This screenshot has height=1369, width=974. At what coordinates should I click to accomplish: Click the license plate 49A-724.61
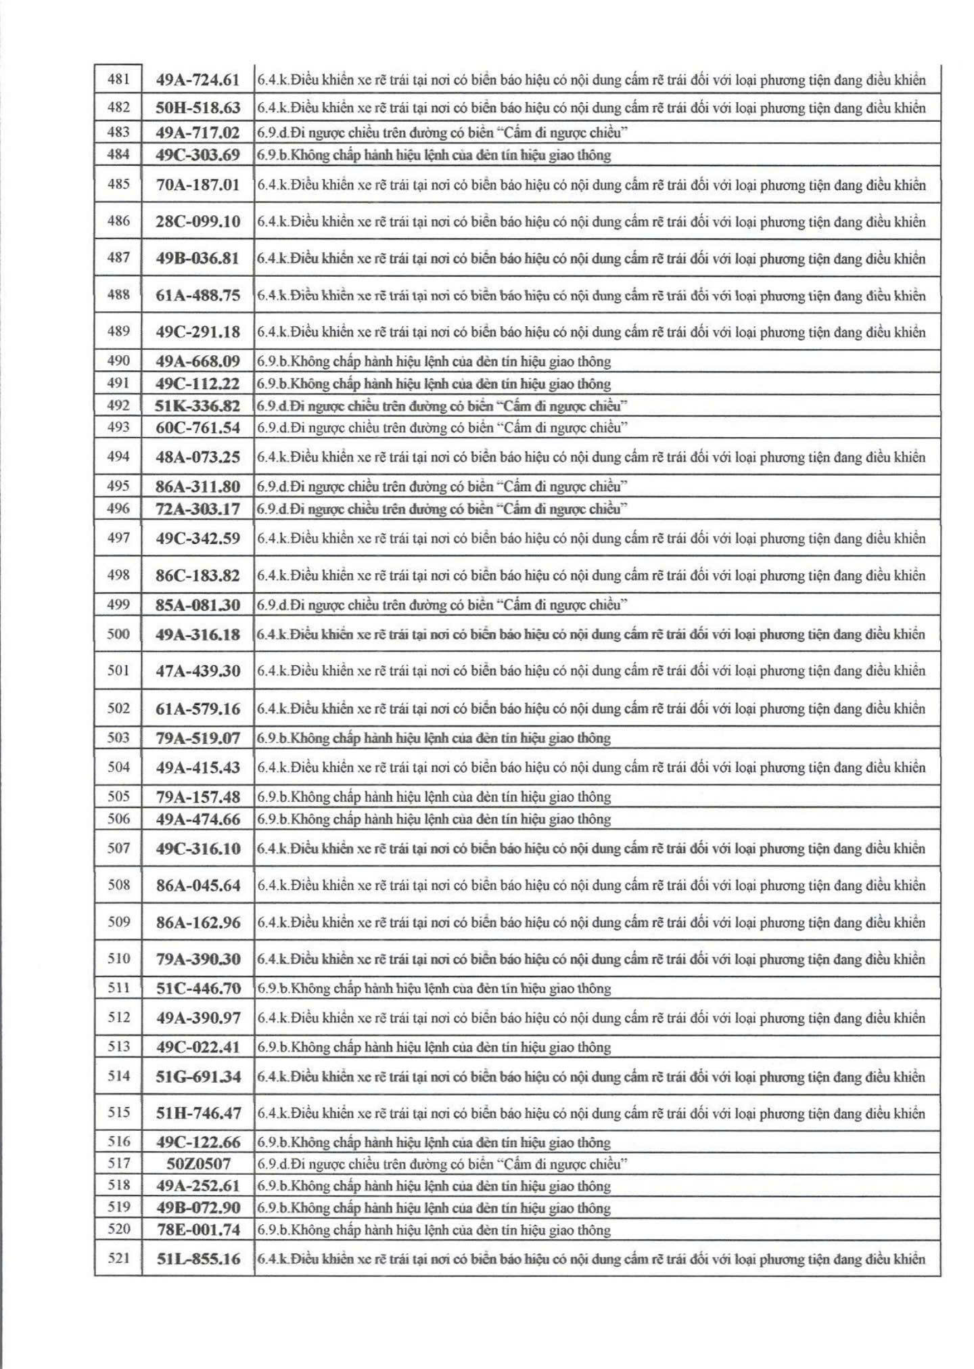[x=198, y=80]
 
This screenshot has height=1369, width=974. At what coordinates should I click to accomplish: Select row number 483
[x=118, y=132]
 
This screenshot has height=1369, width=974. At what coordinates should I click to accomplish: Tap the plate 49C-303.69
[x=198, y=155]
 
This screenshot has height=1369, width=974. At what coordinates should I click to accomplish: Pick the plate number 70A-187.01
[x=198, y=185]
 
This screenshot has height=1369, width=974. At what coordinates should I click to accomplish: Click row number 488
[x=118, y=295]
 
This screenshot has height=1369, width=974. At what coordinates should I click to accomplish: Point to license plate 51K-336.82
[x=198, y=406]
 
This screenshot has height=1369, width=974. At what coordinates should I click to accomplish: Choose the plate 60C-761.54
[x=198, y=428]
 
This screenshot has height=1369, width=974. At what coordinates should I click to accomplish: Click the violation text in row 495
[x=442, y=486]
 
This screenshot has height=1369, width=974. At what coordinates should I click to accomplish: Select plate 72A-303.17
[x=198, y=509]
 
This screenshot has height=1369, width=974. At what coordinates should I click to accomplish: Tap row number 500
[x=118, y=634]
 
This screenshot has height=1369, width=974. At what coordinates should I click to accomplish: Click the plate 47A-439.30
[x=198, y=671]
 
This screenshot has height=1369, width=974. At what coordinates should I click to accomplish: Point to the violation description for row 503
[x=434, y=738]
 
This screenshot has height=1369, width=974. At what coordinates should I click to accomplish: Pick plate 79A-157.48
[x=198, y=796]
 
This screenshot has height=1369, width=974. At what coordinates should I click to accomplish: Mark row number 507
[x=118, y=848]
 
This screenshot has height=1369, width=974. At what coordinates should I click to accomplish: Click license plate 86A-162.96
[x=198, y=922]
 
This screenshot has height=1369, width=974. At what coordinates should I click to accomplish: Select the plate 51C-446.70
[x=198, y=988]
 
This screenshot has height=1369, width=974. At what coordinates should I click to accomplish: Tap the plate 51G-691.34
[x=198, y=1076]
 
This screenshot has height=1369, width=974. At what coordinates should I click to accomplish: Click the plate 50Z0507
[x=198, y=1164]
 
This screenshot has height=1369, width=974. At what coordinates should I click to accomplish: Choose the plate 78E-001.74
[x=198, y=1230]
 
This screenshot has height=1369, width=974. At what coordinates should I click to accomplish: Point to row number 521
[x=118, y=1259]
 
